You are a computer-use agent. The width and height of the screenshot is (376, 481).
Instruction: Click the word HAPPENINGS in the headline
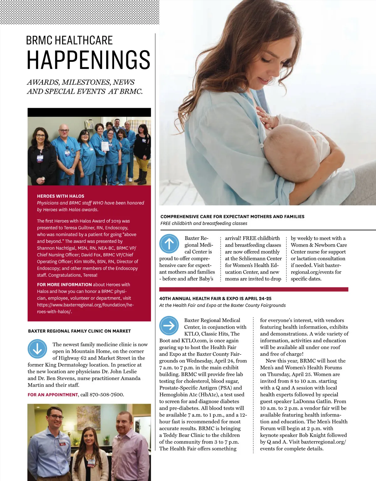(x=88, y=60)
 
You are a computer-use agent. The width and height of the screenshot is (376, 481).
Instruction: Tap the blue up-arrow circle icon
(x=169, y=244)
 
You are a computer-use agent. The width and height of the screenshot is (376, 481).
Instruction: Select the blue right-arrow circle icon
(x=169, y=326)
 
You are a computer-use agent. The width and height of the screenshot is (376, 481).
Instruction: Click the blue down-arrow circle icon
(x=37, y=349)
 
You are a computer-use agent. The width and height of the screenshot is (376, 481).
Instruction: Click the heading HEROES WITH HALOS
(x=60, y=196)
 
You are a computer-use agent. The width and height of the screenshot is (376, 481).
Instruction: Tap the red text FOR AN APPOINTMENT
(x=53, y=395)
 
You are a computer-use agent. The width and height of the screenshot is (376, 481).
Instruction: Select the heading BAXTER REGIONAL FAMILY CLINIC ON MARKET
(x=79, y=331)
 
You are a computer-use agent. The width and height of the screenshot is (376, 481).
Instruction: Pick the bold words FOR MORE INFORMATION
(x=64, y=285)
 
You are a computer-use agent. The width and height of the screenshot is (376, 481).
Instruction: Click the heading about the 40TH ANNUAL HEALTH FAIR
(x=215, y=299)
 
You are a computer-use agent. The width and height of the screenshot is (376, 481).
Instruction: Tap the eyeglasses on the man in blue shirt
(x=56, y=417)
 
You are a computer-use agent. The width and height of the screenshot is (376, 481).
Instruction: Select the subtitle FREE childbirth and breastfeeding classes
(x=204, y=223)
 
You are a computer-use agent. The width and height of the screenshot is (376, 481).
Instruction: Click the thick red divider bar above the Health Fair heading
(x=253, y=289)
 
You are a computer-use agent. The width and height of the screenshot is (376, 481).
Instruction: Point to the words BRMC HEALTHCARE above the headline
(x=69, y=40)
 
